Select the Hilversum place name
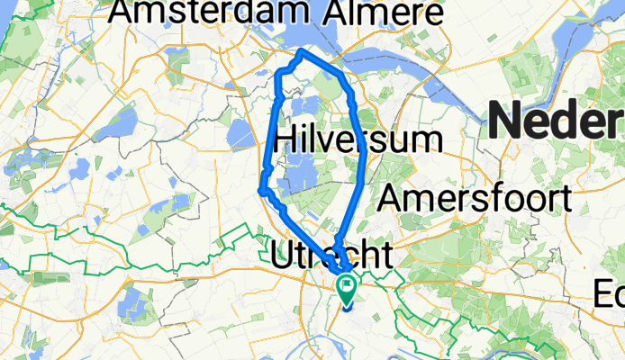(x=358, y=139)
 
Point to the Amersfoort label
(x=476, y=198)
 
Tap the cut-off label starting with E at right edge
(x=610, y=293)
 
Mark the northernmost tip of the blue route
(x=301, y=52)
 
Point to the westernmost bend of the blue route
(x=261, y=190)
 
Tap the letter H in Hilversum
(x=283, y=139)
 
